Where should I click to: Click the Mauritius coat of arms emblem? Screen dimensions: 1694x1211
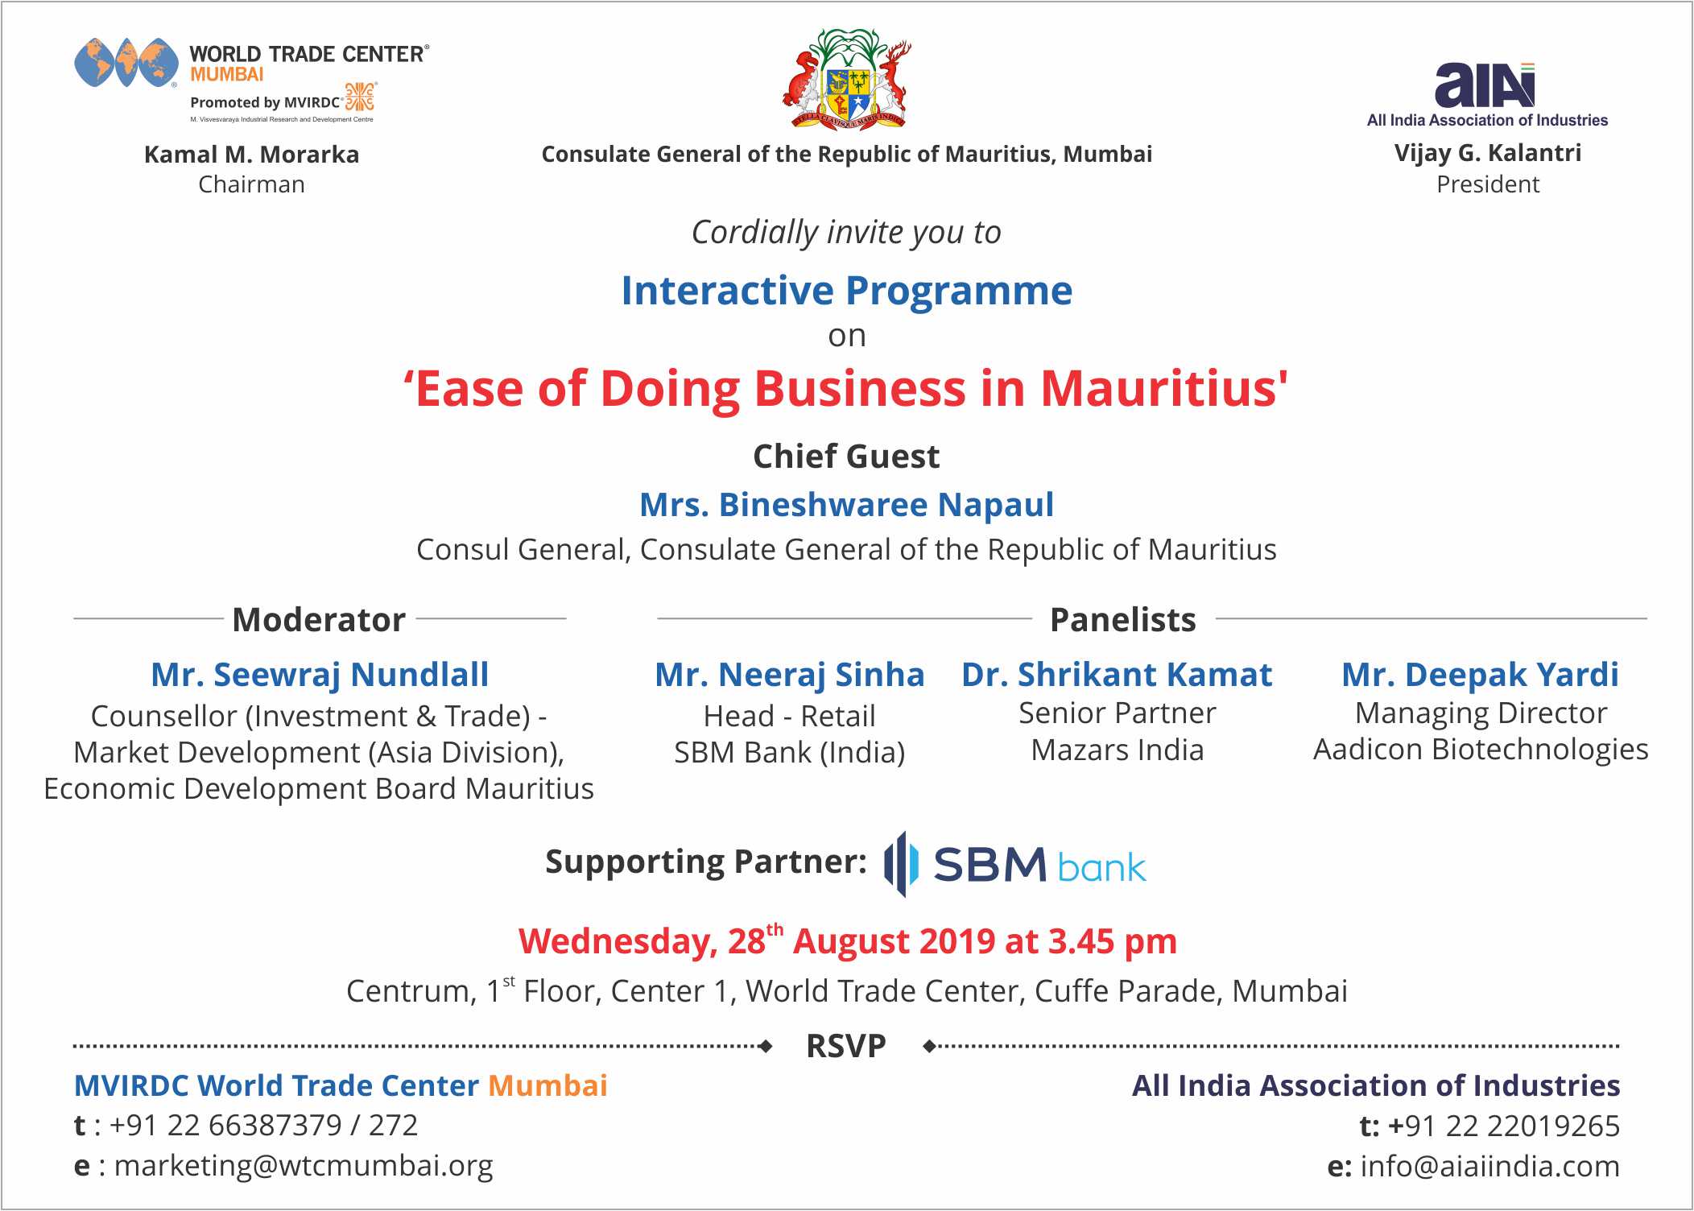(847, 79)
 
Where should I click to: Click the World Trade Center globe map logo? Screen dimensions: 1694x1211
(126, 62)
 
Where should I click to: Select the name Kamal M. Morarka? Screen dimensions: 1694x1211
(252, 154)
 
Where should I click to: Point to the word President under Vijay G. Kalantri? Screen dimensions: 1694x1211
(1488, 184)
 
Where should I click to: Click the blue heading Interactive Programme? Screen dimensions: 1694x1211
(847, 291)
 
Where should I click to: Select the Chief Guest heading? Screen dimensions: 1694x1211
(846, 457)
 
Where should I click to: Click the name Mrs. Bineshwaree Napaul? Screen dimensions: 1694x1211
(846, 505)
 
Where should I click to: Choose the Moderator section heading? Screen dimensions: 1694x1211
(319, 620)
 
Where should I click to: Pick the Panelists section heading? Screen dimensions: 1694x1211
(1123, 620)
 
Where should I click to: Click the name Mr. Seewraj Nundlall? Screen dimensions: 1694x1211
(320, 675)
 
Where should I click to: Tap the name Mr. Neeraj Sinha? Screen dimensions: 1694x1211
(790, 675)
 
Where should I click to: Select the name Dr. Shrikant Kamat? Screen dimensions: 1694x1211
(1117, 675)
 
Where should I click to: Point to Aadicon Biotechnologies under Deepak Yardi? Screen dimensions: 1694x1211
(1481, 750)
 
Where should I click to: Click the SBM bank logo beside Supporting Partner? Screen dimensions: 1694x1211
(1014, 865)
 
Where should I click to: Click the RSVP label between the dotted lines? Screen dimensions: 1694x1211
(846, 1046)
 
